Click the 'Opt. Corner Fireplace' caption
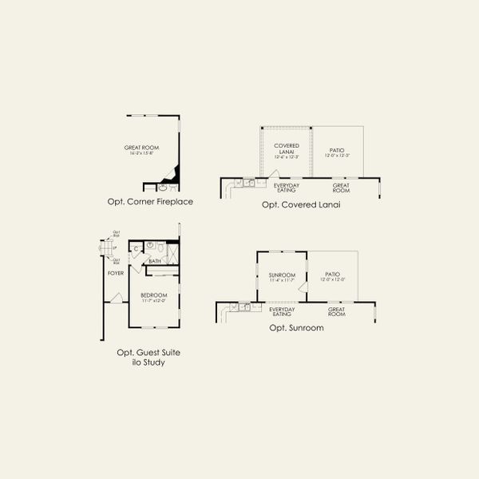tap(150, 202)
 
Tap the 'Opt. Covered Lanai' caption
tap(301, 204)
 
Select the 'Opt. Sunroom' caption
tap(296, 327)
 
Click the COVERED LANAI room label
tap(286, 148)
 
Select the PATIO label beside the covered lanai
tap(336, 150)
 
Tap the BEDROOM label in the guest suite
tap(154, 295)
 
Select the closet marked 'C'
tap(137, 247)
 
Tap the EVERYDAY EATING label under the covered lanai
tap(287, 188)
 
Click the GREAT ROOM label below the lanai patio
tap(342, 188)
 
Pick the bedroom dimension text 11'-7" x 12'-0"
tap(154, 301)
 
